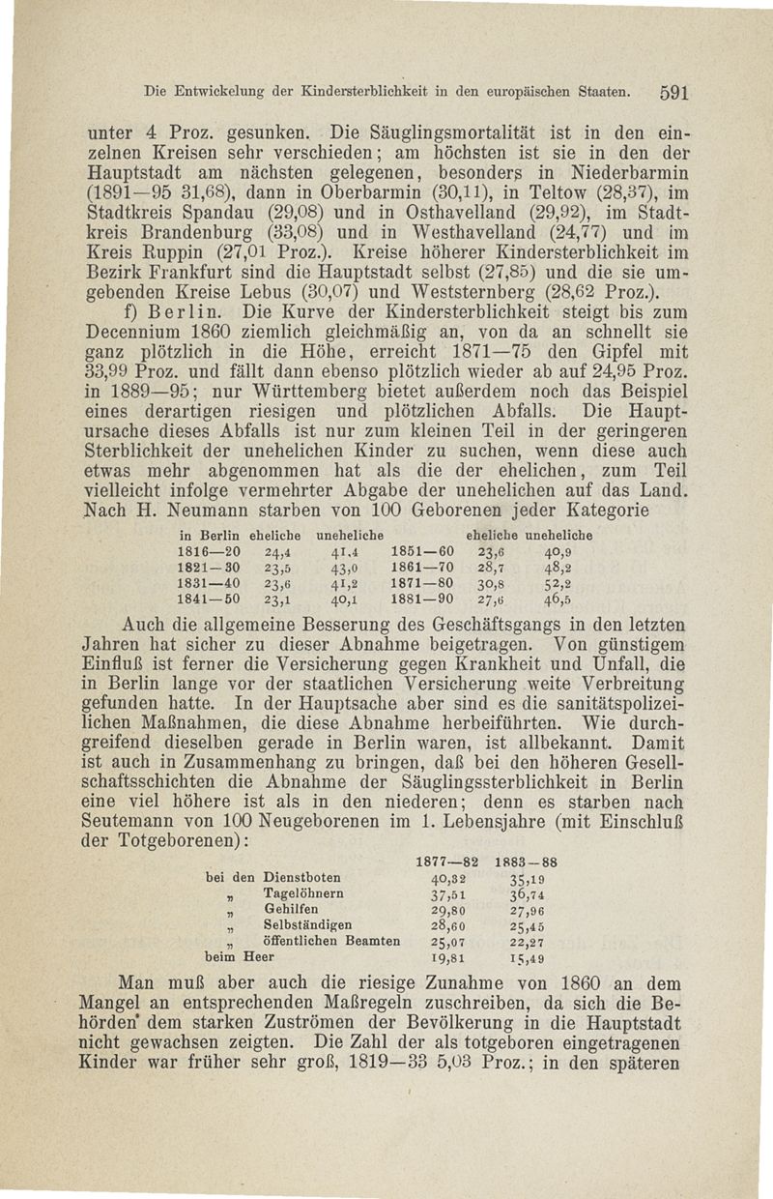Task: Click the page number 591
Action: coord(666,95)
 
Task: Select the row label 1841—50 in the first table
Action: coord(210,599)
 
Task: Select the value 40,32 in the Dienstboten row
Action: coord(447,877)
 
